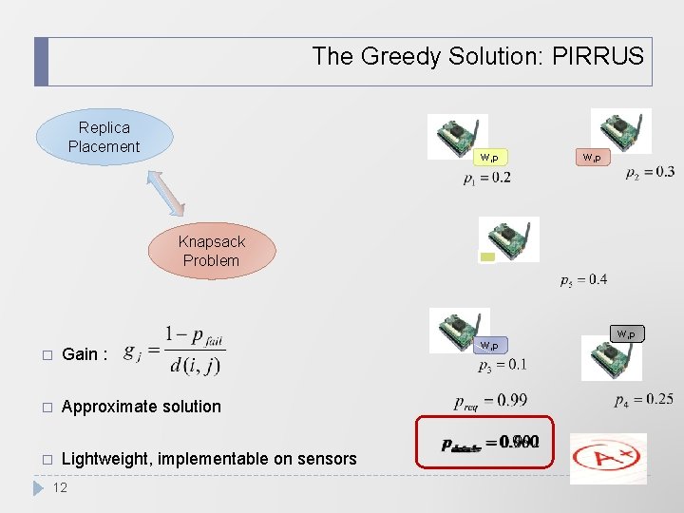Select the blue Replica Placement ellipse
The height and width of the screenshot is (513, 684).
click(104, 137)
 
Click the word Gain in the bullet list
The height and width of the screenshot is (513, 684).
click(80, 354)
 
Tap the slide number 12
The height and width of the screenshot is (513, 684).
click(60, 487)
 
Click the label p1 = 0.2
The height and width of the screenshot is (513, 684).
click(487, 178)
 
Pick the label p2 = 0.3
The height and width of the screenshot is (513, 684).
click(650, 172)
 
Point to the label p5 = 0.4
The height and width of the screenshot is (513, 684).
click(583, 279)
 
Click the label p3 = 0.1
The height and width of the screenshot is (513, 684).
click(503, 365)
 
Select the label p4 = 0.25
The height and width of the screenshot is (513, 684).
click(643, 400)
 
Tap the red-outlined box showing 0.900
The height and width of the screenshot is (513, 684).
click(484, 442)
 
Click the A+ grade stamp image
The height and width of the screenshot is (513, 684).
click(608, 459)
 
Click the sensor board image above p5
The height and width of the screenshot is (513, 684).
click(509, 238)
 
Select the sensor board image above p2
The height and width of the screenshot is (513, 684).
click(620, 131)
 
